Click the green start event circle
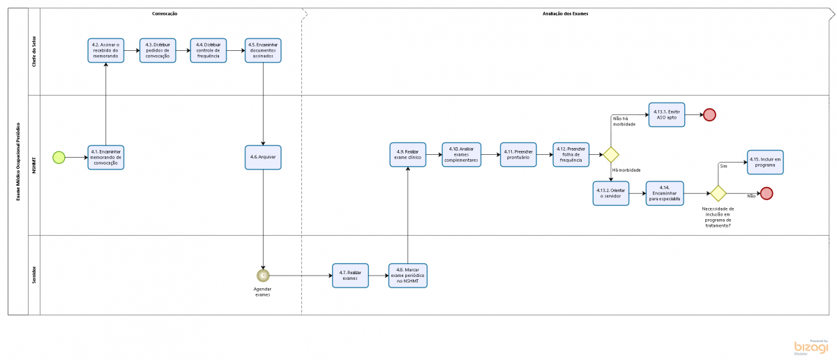[59, 157]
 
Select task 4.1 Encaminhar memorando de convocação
[106, 157]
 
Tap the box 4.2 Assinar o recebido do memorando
[106, 51]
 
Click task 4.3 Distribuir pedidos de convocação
[158, 51]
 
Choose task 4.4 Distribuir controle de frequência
[209, 51]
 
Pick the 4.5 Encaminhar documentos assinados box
[263, 51]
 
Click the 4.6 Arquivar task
[263, 157]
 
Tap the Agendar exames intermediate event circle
[263, 275]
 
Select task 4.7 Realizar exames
[350, 276]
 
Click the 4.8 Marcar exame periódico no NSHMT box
[407, 276]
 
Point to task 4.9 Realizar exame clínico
[407, 155]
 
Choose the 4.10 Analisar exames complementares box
[460, 155]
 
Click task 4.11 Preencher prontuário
[518, 155]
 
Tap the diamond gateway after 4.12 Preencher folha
[611, 155]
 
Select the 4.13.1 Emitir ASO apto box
[667, 115]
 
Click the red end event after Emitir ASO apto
[709, 115]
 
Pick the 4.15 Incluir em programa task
[765, 162]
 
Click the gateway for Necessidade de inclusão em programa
[718, 193]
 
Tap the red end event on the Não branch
[767, 193]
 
